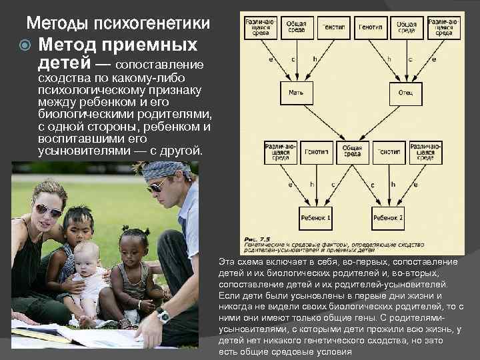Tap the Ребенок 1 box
[x=315, y=217]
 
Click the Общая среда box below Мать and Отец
[x=352, y=151]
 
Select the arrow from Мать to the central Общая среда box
[x=323, y=123]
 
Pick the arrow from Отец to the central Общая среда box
[x=380, y=123]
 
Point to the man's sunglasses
[x=157, y=185]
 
